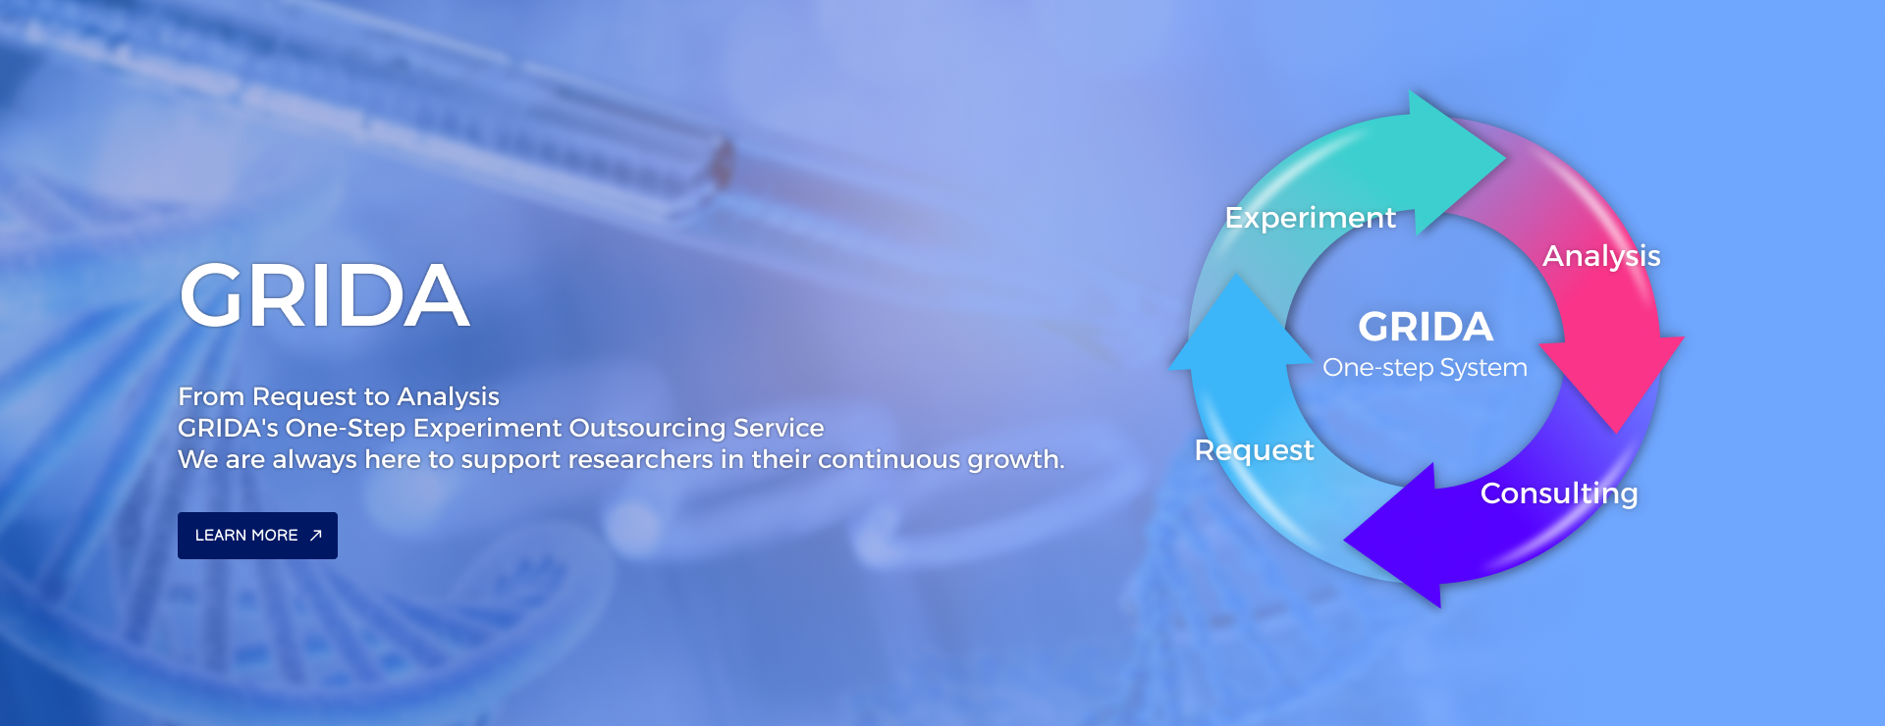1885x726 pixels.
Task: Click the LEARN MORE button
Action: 257,536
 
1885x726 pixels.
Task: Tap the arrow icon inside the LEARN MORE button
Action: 315,535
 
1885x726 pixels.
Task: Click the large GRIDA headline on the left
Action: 324,295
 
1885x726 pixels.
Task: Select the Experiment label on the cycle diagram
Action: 1310,218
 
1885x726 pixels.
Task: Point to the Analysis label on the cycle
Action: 1601,256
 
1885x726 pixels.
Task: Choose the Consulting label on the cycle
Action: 1559,493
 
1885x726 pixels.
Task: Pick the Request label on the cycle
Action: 1254,450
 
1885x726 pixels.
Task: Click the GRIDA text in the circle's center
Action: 1426,327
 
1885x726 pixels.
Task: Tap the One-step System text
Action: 1425,368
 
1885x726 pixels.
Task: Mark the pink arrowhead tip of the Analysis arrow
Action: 1616,432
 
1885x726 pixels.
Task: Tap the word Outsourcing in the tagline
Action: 648,428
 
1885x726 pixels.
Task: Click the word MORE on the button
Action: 275,536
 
